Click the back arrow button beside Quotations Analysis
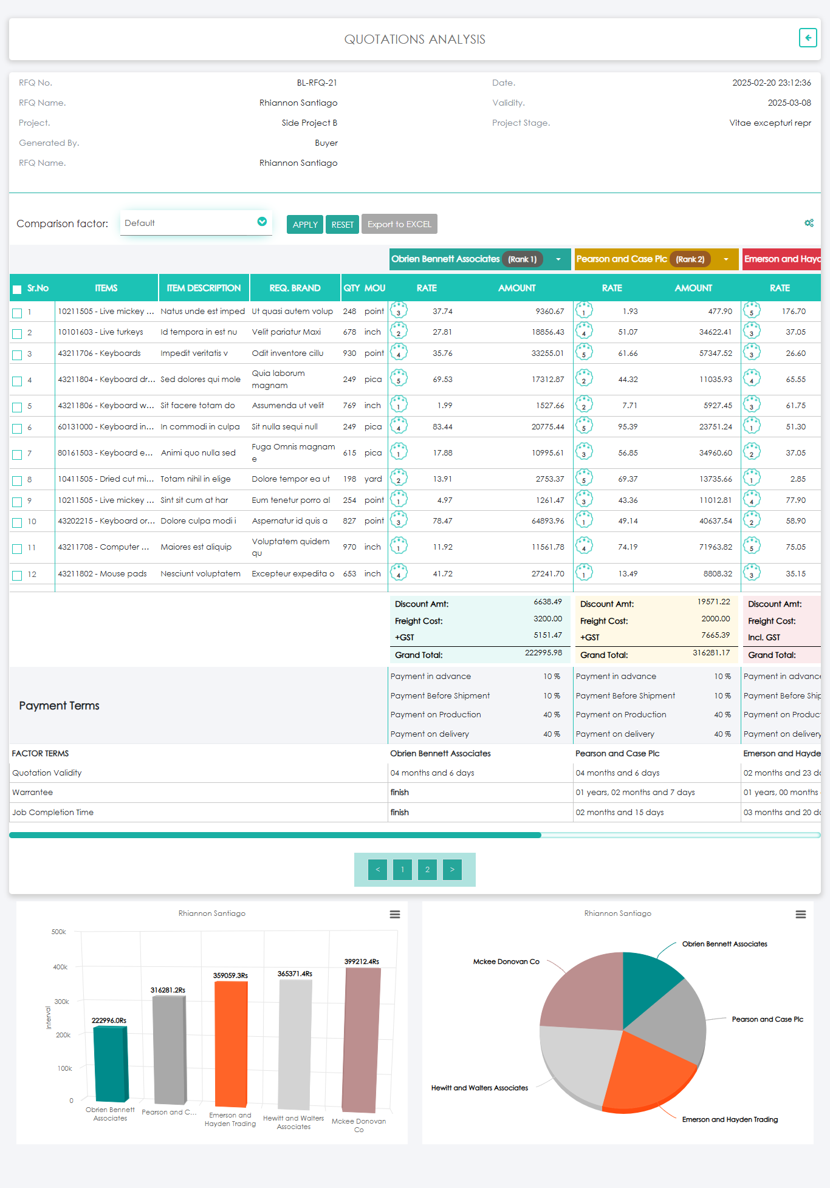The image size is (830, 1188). click(808, 38)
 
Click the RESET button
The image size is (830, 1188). click(342, 224)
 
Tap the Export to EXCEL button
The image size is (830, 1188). click(399, 224)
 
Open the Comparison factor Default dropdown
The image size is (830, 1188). click(196, 223)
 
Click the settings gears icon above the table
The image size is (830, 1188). click(809, 223)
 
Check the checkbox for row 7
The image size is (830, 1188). click(17, 454)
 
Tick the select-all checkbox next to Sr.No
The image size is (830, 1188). click(17, 289)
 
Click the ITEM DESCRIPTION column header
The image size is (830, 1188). click(204, 288)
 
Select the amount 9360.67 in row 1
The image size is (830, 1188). click(549, 312)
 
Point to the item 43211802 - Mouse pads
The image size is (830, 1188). click(102, 574)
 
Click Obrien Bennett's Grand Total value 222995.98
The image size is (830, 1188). click(543, 653)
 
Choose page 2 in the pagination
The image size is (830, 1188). click(427, 870)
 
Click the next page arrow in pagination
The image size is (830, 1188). click(452, 870)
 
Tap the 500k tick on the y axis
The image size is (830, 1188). click(59, 932)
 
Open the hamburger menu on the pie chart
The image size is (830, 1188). click(801, 915)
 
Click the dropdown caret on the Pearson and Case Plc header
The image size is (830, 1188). click(726, 259)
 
